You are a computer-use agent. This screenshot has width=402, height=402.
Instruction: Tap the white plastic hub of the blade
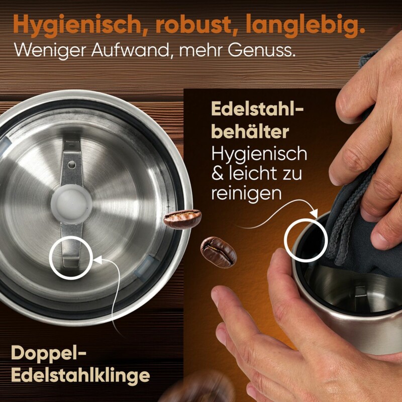point(71,204)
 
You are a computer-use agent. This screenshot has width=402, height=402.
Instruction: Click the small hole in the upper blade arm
point(72,165)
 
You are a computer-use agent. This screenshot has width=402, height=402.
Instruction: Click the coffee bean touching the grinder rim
point(182,219)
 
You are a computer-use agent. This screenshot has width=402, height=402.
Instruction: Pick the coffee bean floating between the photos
point(218,252)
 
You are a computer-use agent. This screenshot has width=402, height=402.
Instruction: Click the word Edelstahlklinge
point(80,375)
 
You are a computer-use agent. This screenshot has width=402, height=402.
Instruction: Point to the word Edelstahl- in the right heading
point(257,110)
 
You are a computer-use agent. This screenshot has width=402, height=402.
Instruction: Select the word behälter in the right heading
point(250,132)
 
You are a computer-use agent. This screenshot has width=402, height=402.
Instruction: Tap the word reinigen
point(246,192)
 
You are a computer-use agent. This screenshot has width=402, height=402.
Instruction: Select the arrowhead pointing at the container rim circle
point(314,213)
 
